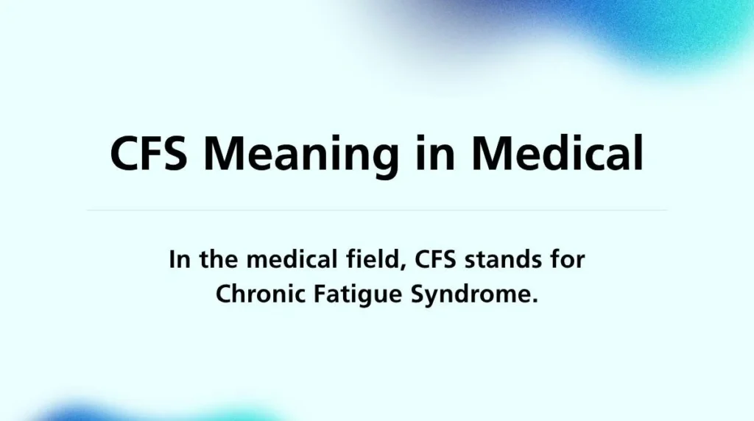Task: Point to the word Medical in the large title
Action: (557, 153)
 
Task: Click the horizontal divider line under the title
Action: (377, 210)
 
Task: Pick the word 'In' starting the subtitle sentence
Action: (176, 260)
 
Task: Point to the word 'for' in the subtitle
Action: (567, 260)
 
